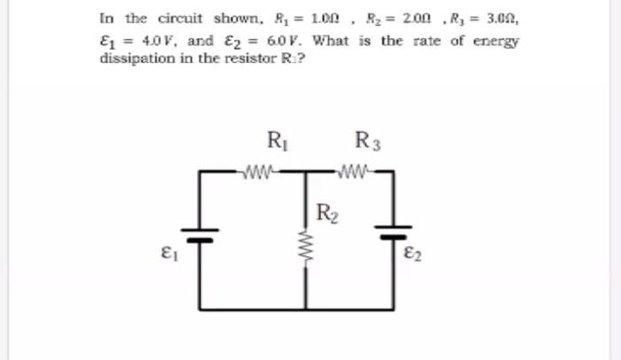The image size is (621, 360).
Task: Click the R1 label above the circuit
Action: click(x=276, y=140)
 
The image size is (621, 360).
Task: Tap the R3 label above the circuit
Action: click(x=366, y=140)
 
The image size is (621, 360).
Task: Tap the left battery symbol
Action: click(x=200, y=236)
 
